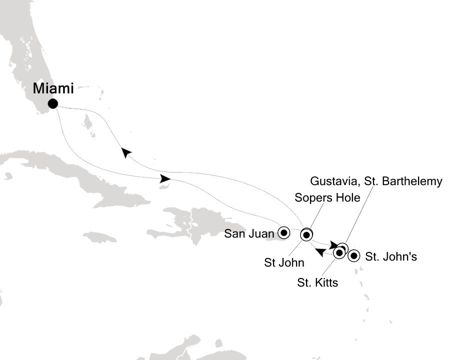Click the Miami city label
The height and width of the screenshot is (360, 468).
click(x=53, y=89)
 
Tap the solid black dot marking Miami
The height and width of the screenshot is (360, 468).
click(x=52, y=104)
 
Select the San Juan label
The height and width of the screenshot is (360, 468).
click(x=249, y=233)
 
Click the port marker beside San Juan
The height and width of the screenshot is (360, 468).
click(x=284, y=232)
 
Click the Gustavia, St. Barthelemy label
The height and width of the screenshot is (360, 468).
click(x=376, y=181)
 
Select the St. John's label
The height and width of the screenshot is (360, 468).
click(x=390, y=257)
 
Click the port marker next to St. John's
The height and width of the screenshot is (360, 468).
click(x=354, y=256)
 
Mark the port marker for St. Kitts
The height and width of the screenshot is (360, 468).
click(x=338, y=253)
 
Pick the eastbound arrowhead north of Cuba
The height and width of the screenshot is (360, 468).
click(x=165, y=178)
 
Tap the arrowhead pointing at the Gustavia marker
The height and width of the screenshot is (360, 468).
click(x=334, y=245)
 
